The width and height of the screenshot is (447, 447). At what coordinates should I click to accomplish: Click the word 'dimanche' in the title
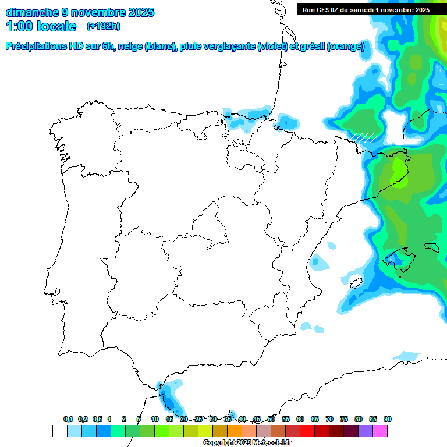pyautogui.click(x=32, y=12)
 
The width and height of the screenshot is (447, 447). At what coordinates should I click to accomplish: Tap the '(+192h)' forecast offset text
pyautogui.click(x=103, y=26)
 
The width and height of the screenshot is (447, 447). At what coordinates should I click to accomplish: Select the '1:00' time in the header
pyautogui.click(x=19, y=26)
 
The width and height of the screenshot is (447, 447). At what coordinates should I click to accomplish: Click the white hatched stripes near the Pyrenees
pyautogui.click(x=363, y=137)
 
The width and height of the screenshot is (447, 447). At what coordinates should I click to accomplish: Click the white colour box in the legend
pyautogui.click(x=59, y=431)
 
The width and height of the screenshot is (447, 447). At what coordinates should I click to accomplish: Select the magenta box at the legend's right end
pyautogui.click(x=380, y=431)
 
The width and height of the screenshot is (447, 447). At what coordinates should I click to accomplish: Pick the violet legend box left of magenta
pyautogui.click(x=366, y=431)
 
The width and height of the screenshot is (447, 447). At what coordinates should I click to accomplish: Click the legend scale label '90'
pyautogui.click(x=388, y=419)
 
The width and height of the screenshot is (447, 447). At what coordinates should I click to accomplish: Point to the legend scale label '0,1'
pyautogui.click(x=68, y=419)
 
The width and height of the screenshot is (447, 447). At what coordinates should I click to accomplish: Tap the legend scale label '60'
pyautogui.click(x=300, y=419)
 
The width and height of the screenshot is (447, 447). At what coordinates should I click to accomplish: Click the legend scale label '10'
pyautogui.click(x=155, y=419)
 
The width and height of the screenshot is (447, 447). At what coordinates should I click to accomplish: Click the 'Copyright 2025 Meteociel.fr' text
pyautogui.click(x=247, y=443)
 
